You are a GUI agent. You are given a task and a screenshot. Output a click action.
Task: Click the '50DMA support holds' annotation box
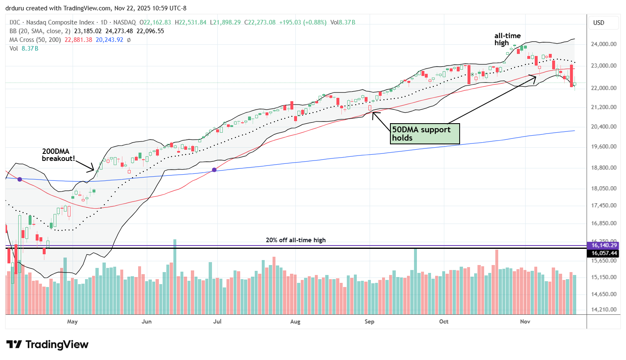click(425, 134)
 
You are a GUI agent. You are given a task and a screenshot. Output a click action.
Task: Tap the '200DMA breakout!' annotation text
click(58, 155)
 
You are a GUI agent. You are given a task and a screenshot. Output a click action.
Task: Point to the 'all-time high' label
click(507, 39)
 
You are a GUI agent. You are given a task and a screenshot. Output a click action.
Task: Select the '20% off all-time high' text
click(296, 240)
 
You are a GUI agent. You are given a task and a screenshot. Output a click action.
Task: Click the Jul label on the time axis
click(217, 321)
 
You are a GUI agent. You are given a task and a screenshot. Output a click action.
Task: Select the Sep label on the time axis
click(369, 321)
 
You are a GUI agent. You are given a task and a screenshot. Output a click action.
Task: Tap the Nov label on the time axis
click(525, 321)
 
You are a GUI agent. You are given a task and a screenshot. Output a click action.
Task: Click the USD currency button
click(599, 23)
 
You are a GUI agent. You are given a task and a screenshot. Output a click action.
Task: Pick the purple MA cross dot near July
click(214, 170)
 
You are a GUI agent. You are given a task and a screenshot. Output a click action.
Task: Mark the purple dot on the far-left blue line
click(19, 179)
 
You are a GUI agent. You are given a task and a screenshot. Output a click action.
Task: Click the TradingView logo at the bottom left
click(47, 345)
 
